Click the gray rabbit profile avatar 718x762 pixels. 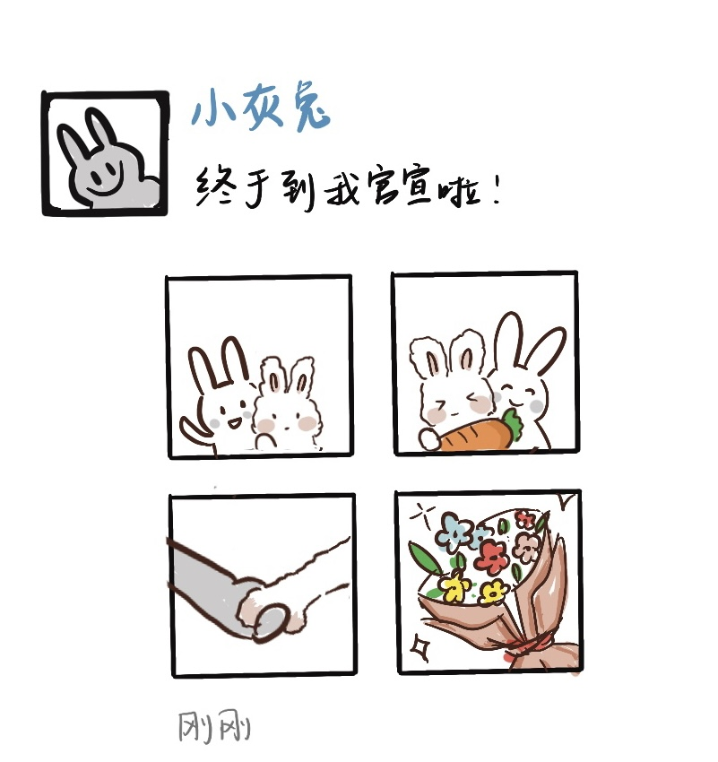105,153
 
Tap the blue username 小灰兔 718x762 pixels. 261,110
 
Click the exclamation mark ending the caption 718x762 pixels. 496,189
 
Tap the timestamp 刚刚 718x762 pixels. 214,726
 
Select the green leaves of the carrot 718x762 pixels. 512,424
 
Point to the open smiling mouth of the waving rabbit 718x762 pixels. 233,423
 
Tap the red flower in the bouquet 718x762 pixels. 490,557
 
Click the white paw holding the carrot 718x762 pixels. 429,439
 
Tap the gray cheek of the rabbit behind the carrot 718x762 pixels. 536,406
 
